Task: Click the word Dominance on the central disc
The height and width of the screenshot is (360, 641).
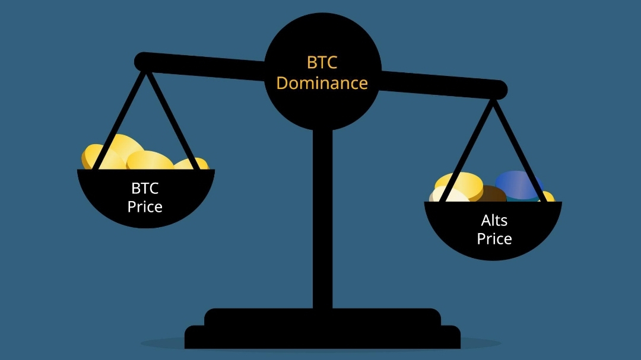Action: click(x=322, y=83)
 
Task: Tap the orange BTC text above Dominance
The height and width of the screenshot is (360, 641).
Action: click(x=322, y=62)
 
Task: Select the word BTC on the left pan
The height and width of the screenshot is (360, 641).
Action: click(x=145, y=189)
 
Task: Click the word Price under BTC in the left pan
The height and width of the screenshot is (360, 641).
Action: click(x=145, y=207)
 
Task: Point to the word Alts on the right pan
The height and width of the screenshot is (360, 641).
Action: click(x=494, y=221)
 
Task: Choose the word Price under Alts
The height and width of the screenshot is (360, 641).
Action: click(x=494, y=239)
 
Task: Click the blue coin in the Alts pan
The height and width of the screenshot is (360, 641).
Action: click(x=518, y=184)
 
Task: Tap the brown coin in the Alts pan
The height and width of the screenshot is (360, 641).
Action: click(x=490, y=194)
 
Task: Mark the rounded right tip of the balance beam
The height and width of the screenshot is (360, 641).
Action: click(x=499, y=90)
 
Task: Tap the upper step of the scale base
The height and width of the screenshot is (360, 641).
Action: click(x=322, y=317)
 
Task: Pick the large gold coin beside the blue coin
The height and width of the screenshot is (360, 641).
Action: click(x=461, y=183)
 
